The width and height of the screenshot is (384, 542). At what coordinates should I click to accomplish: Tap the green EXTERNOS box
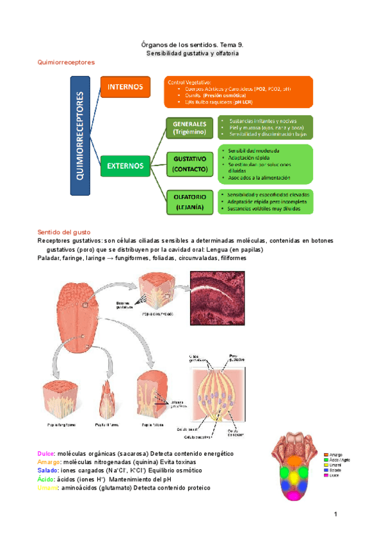[x=125, y=165]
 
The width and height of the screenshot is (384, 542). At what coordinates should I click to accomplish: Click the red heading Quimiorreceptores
[x=67, y=63]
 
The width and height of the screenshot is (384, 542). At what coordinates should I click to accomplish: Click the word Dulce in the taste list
[x=47, y=453]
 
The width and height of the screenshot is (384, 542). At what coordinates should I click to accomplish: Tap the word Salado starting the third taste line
[x=49, y=470]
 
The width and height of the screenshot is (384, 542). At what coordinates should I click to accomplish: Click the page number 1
[x=334, y=515]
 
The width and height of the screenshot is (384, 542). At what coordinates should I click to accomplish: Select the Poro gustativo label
[x=235, y=359]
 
